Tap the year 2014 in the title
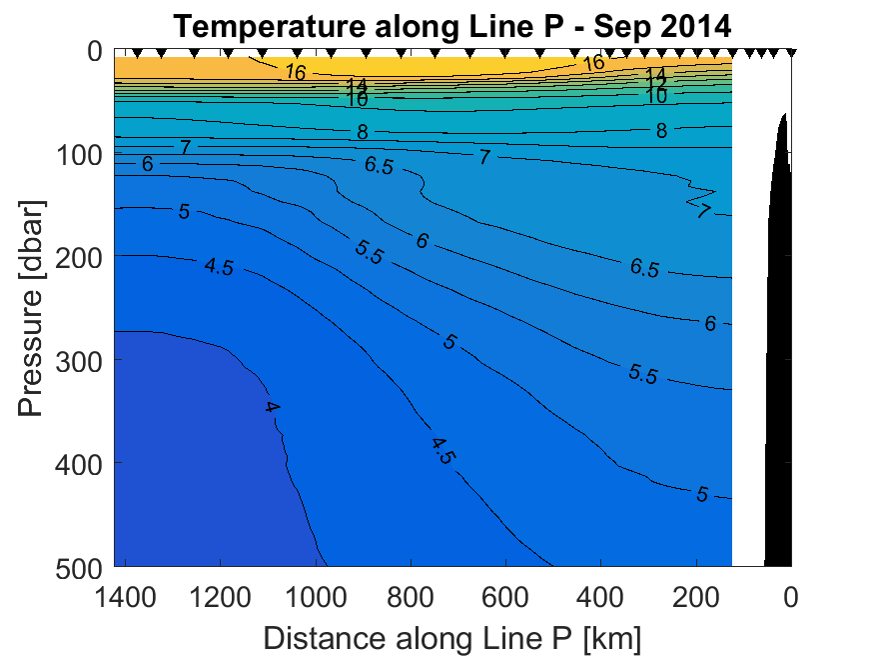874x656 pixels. pyautogui.click(x=697, y=27)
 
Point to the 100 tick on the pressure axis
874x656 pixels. pyautogui.click(x=80, y=154)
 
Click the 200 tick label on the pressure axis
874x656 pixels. pyautogui.click(x=80, y=257)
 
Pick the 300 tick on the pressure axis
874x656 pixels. pyautogui.click(x=80, y=360)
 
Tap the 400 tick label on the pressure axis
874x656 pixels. pyautogui.click(x=80, y=463)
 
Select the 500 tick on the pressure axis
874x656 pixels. pyautogui.click(x=80, y=566)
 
